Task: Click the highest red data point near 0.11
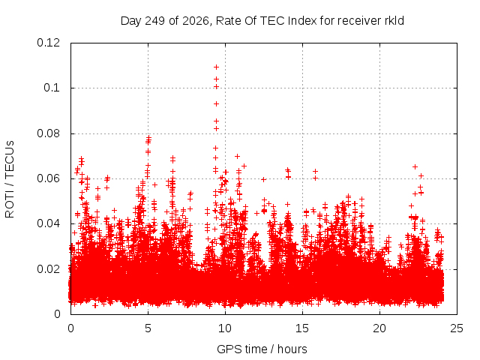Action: pos(216,67)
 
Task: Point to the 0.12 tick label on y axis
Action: pos(48,43)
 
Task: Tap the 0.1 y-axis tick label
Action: pos(52,88)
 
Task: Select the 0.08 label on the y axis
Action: pos(48,133)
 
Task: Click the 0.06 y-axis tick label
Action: pos(48,178)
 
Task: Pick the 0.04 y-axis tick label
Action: pos(48,223)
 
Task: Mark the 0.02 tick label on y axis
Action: pos(48,269)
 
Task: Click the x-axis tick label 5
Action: pos(148,328)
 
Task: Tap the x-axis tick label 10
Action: pos(225,328)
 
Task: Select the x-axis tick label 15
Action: pos(302,328)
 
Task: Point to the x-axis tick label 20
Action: pos(379,328)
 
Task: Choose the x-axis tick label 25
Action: pos(457,328)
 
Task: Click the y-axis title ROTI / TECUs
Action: pos(10,179)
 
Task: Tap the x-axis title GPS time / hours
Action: pos(262,349)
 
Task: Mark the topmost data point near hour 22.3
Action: pos(415,166)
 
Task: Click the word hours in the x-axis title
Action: pos(292,349)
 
